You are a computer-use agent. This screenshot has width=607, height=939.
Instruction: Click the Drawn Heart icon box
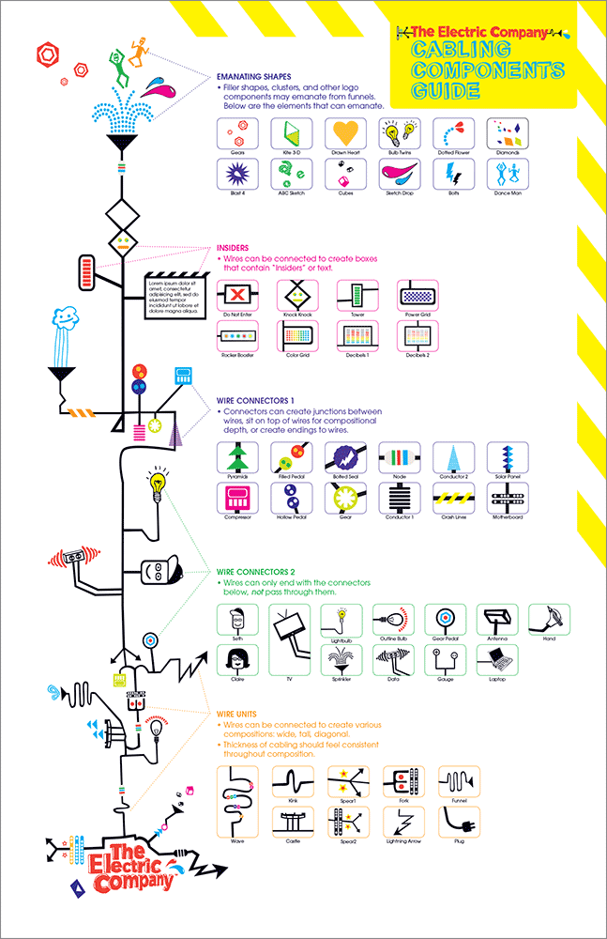(344, 133)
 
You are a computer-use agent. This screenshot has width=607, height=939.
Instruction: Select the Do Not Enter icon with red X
(235, 295)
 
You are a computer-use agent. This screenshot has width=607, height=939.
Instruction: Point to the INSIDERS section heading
(234, 248)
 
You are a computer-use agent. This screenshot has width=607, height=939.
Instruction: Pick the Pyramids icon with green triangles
(235, 458)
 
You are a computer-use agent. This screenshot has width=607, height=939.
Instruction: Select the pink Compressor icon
(235, 499)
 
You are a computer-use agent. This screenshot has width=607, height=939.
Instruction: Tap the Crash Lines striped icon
(453, 499)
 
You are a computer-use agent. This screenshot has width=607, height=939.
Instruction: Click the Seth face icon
(236, 620)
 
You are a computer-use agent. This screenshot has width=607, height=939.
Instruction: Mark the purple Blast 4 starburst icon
(235, 173)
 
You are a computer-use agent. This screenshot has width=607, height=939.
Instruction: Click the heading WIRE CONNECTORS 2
(256, 571)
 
